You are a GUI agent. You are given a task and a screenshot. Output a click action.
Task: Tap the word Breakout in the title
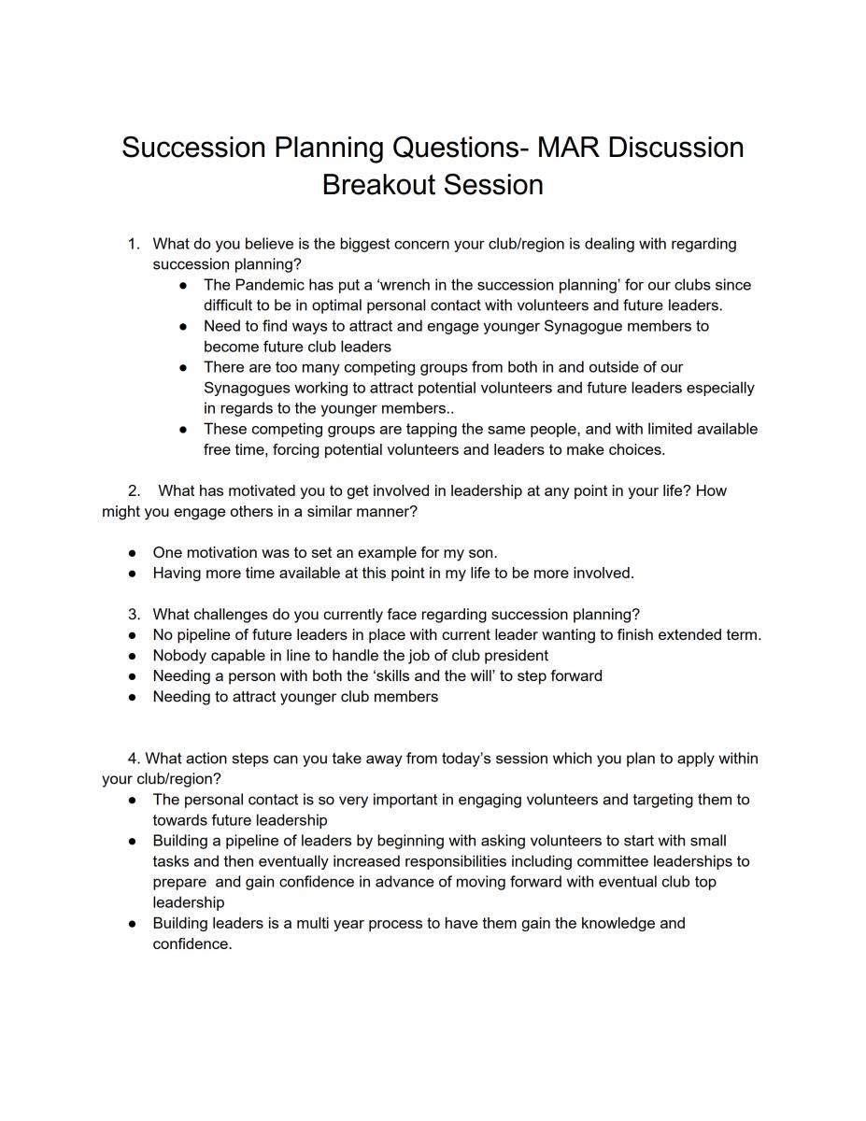click(381, 184)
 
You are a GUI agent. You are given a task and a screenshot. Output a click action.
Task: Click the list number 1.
click(134, 244)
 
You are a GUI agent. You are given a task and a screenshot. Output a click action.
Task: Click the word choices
click(634, 449)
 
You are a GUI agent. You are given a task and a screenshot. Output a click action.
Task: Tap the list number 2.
click(135, 490)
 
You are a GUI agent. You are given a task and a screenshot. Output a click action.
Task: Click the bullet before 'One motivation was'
click(134, 553)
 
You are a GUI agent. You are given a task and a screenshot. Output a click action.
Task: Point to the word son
click(480, 553)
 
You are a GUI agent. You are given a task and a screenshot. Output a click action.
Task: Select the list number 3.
click(134, 615)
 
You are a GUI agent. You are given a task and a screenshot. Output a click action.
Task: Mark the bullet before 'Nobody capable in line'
click(134, 656)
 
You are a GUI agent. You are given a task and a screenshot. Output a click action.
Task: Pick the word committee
click(608, 861)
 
